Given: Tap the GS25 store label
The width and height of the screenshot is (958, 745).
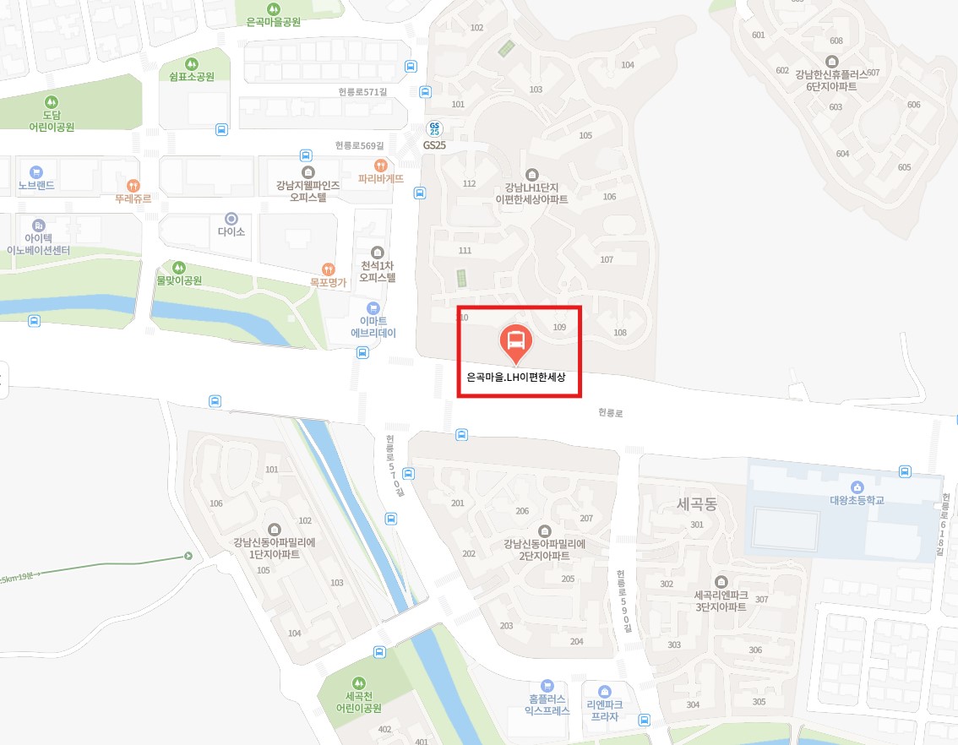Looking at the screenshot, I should [434, 145].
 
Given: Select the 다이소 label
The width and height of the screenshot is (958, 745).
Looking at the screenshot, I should [231, 231].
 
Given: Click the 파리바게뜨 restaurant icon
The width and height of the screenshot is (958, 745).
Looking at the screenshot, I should [381, 166].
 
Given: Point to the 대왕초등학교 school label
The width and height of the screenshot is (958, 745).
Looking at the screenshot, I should [857, 500].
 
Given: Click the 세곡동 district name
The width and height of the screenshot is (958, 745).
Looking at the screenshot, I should [696, 504].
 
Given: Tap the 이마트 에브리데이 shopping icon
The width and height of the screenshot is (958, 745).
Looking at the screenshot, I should [373, 308].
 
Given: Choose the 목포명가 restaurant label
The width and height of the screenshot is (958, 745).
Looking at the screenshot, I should [329, 282].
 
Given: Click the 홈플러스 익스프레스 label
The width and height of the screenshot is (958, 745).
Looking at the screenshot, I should [547, 704].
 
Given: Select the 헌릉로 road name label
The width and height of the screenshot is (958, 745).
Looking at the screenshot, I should [610, 413].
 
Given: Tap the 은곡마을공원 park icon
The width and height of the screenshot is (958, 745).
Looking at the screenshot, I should [274, 7].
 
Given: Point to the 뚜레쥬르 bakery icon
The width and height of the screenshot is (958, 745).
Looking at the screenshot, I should [133, 185].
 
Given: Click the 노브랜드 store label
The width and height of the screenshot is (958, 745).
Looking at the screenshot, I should [36, 185].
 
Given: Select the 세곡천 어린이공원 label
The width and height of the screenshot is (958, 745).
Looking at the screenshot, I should [359, 703].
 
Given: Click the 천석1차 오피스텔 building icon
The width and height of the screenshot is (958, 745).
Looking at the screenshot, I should [378, 252].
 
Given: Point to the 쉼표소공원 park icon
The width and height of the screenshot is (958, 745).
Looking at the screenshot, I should [191, 63].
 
